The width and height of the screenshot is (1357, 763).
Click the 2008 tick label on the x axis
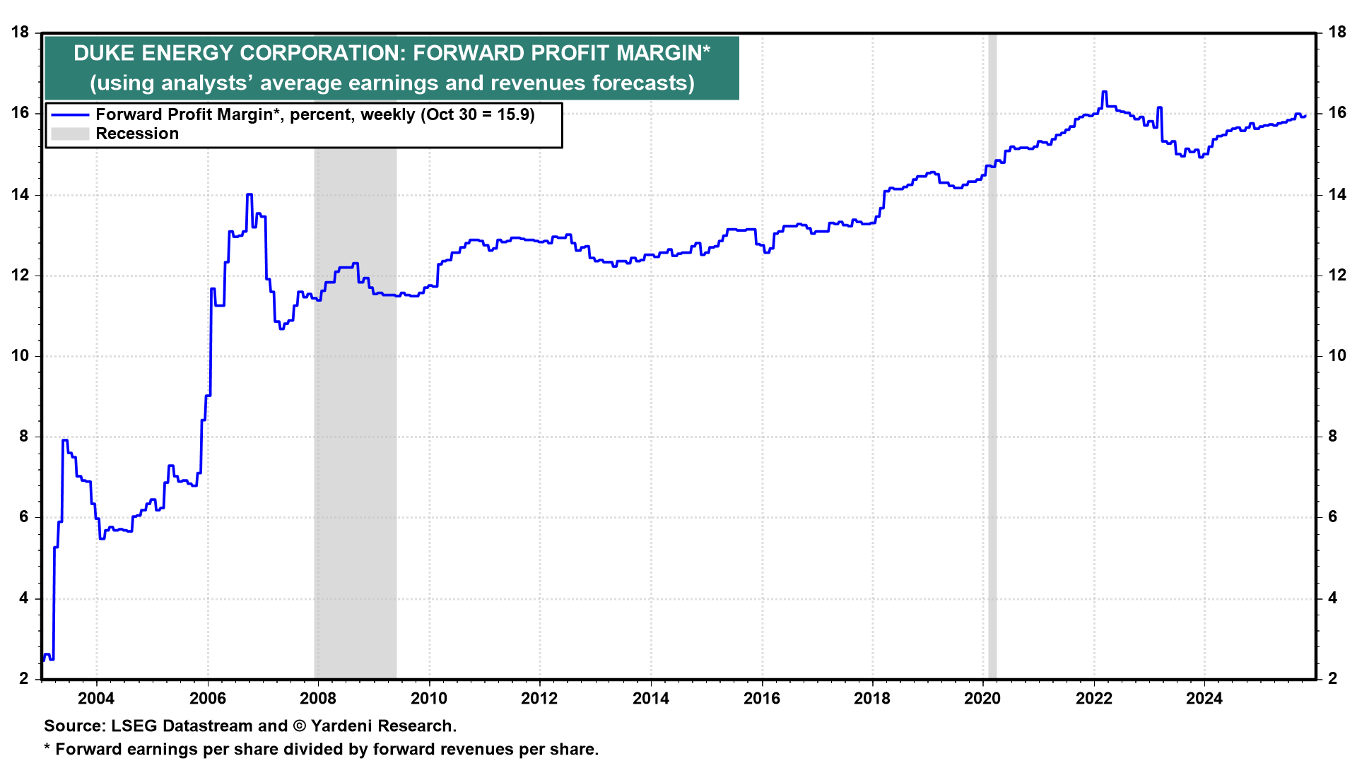(318, 699)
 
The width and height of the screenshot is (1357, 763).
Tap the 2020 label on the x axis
(982, 699)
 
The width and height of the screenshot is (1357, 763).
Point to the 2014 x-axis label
(650, 699)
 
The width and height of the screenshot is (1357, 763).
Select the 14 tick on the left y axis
(20, 194)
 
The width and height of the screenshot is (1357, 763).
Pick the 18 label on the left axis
(20, 32)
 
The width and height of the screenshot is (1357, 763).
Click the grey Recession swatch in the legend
(70, 134)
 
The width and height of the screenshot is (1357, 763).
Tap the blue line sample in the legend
(70, 114)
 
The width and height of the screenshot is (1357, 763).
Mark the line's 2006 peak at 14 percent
(249, 195)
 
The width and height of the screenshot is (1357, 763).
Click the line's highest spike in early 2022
(1104, 92)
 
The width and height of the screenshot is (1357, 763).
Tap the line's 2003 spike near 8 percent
(64, 441)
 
